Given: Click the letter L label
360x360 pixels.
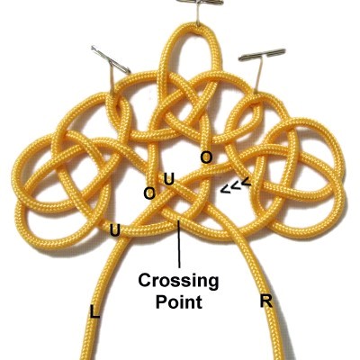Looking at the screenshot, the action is pos(94,311).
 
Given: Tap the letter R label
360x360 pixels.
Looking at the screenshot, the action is pos(266,301).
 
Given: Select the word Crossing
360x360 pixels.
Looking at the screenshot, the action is pos(178,281).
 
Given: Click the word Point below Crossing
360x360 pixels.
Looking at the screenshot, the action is pos(179,301).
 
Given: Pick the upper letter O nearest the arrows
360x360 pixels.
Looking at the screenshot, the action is pos(206,157).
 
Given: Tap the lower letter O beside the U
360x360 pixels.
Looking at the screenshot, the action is pos(149,193).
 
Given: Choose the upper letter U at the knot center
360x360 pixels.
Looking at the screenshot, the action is pos(168,179).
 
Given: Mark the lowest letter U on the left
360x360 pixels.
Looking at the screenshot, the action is pos(115,230).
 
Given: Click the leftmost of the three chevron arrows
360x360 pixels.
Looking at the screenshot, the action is pos(225,189).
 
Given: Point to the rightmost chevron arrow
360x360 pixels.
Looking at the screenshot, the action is pos(246,181).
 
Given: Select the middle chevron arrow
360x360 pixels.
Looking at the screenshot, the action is pos(236,185).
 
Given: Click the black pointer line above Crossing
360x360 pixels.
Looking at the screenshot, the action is pos(179,244).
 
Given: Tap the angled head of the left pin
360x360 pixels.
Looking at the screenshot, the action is pos(111,59).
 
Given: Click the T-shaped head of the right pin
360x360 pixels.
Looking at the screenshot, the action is pos(262,55).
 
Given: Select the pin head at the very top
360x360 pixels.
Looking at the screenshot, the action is pos(200,2).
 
